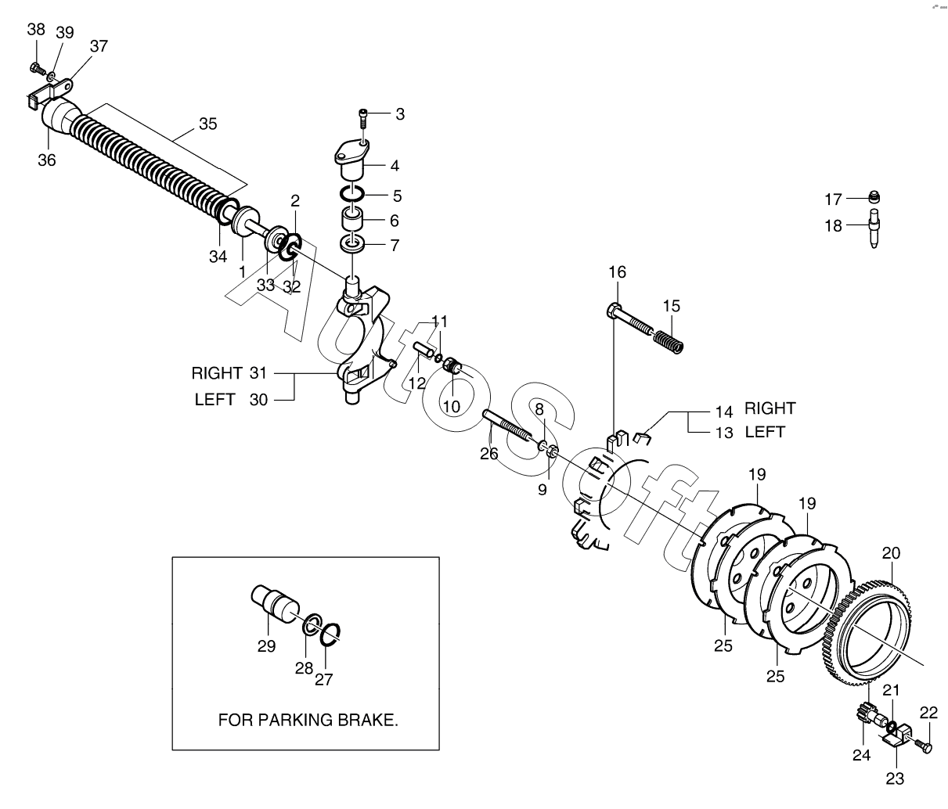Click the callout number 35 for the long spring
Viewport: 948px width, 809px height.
coord(207,124)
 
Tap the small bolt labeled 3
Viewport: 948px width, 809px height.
coord(363,119)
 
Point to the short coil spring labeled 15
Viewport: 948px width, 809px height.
coord(668,342)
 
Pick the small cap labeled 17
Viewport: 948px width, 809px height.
coord(874,197)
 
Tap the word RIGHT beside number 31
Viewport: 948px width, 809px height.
coord(217,373)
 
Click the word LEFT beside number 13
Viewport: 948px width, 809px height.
coord(765,432)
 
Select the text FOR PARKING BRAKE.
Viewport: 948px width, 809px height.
coord(308,720)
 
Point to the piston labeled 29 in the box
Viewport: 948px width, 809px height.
coord(276,604)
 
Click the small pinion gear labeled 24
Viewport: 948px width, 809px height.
coord(863,717)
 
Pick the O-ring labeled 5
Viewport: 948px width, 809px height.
coord(352,193)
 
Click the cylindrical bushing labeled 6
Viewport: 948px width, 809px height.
coord(352,220)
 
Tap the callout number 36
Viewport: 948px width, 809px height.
coord(47,160)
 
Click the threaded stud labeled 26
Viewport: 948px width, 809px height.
coord(506,424)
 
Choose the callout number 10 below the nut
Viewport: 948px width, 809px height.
coord(451,406)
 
